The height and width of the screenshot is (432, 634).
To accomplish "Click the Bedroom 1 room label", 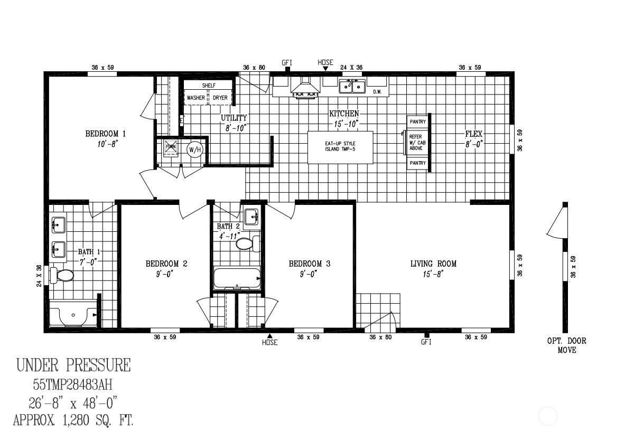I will [x=105, y=134].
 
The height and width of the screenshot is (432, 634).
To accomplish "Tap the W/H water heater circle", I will [x=195, y=150].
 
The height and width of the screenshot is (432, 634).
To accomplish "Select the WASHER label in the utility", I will [x=195, y=98].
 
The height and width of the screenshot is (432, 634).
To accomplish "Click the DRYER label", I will [x=220, y=98].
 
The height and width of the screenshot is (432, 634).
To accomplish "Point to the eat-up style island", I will [x=340, y=147].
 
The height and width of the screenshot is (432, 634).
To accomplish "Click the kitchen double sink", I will [x=352, y=86].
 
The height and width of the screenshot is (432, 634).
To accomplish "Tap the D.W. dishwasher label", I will [x=377, y=92].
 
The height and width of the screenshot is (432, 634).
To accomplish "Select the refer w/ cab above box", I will [x=417, y=143].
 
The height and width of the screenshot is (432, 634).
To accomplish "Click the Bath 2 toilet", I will [x=246, y=243].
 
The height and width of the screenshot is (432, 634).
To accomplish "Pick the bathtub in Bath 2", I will [x=237, y=278].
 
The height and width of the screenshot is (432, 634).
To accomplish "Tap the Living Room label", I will [x=433, y=264].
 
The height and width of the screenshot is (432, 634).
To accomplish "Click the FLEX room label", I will [x=473, y=134].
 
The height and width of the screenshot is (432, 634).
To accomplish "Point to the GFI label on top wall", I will [x=287, y=63].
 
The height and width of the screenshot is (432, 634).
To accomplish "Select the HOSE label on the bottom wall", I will [x=269, y=342].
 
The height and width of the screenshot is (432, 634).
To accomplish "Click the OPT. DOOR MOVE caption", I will [x=566, y=345].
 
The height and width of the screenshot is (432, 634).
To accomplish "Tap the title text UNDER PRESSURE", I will [x=73, y=365].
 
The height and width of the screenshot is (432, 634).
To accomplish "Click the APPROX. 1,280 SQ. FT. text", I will [x=73, y=420].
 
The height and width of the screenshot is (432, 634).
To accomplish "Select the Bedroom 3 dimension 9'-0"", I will [x=309, y=274].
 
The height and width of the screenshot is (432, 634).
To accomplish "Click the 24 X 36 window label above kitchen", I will [x=351, y=68].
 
